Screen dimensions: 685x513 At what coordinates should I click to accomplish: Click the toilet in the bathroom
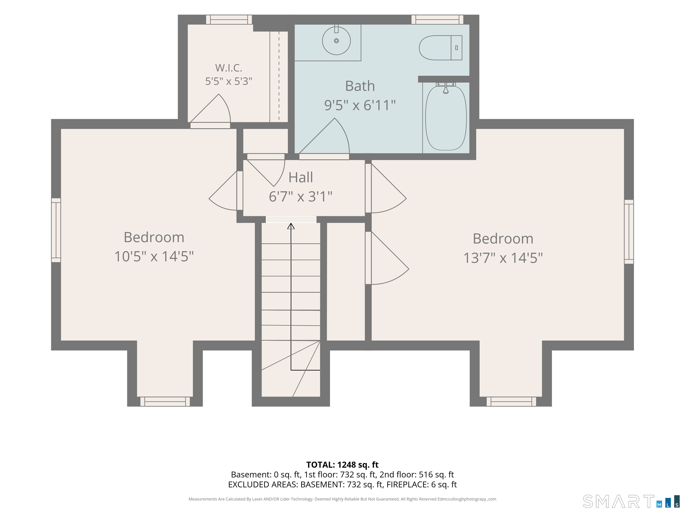pos(440,48)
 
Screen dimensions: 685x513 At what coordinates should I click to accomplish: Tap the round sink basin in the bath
pos(336,41)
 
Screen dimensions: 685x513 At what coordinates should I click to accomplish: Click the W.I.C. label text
pos(229,68)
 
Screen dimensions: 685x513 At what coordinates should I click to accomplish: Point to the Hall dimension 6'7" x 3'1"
pos(300,197)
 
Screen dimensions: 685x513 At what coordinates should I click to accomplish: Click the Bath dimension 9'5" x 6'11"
pos(360,105)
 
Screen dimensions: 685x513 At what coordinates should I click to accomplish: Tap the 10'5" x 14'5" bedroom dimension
pos(154,256)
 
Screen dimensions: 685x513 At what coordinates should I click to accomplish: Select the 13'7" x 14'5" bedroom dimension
pos(503,258)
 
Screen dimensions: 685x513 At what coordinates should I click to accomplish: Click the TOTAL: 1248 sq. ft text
pos(342,465)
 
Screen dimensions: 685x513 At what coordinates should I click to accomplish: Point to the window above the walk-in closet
pos(229,19)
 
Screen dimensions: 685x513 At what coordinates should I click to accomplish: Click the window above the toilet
pos(437,19)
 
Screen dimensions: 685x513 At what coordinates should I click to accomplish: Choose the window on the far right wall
pos(629,232)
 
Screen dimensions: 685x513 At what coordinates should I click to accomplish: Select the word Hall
pos(300,177)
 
